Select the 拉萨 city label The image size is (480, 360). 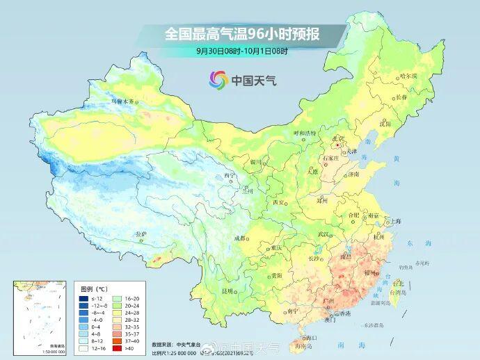point(141,234)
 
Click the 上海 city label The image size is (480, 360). point(396,220)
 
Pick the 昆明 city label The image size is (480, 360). point(226,291)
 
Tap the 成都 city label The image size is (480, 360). point(240,238)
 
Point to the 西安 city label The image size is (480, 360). point(279,202)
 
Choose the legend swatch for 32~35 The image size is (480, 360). point(117,327)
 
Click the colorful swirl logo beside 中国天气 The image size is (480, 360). point(219,80)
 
